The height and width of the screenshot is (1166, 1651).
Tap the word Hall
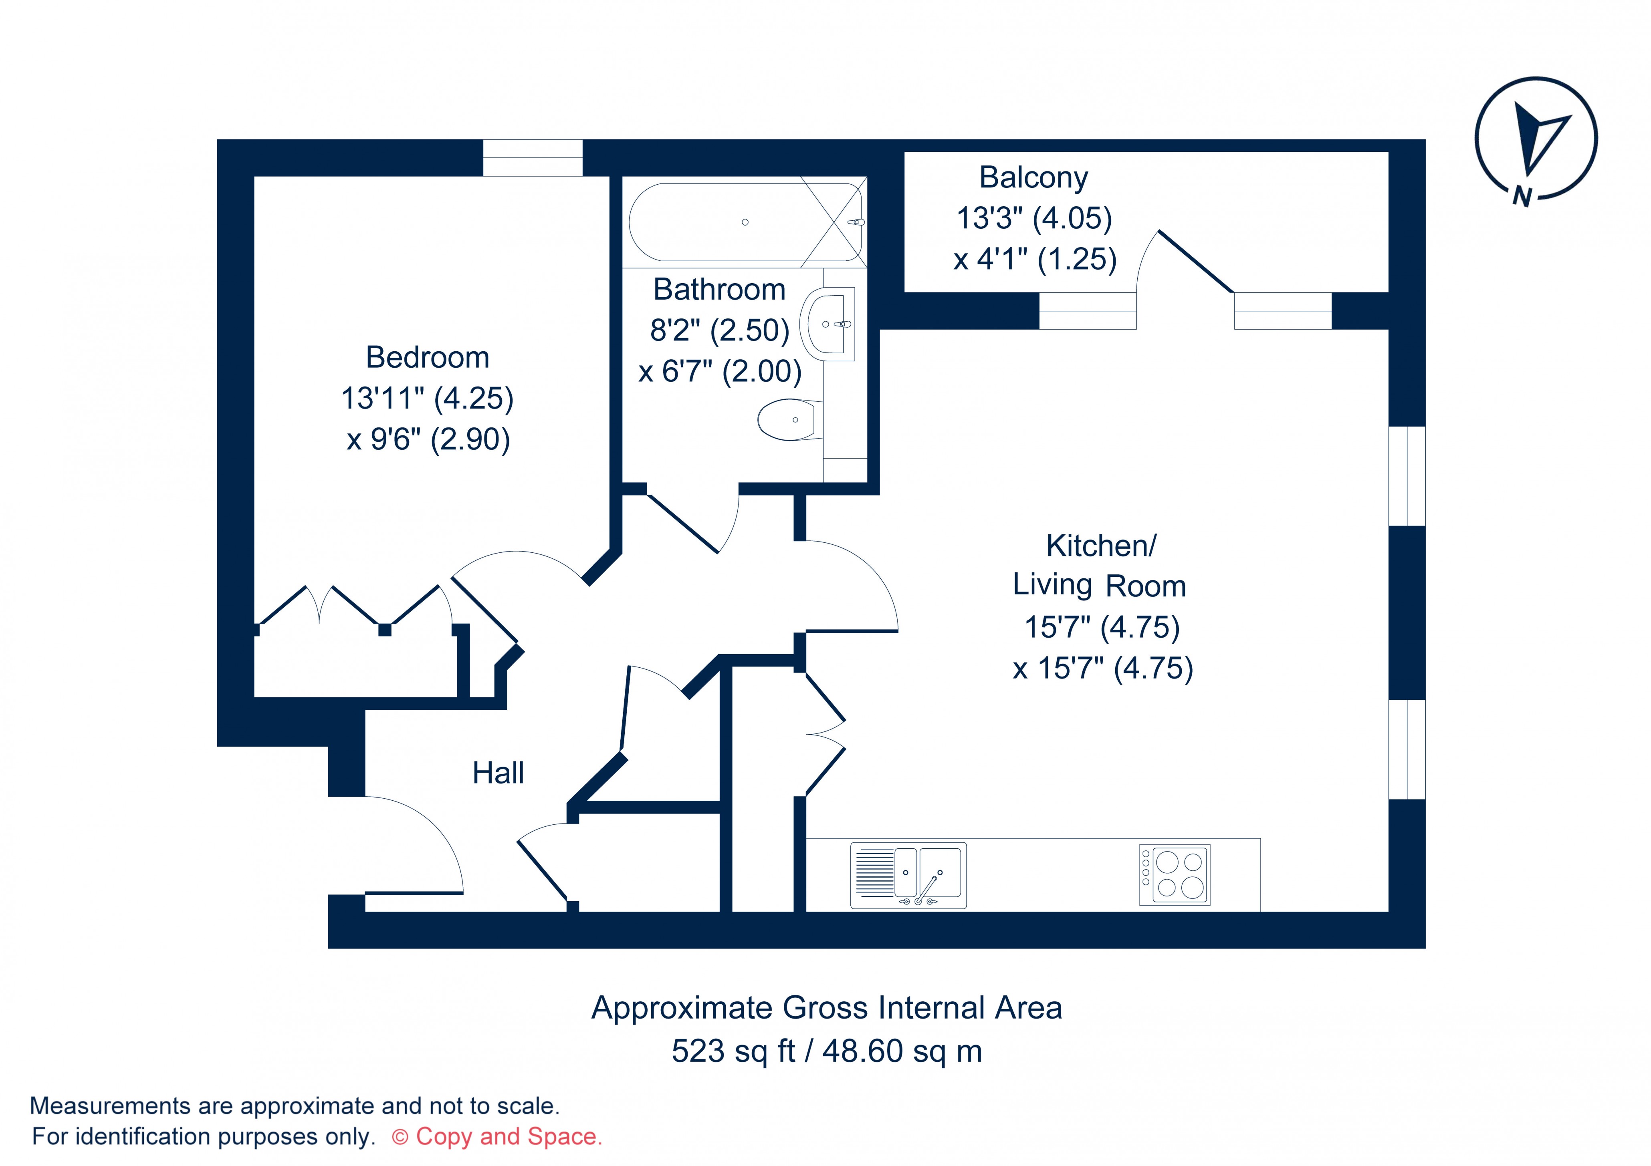click(498, 773)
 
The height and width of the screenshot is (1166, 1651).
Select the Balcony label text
click(1033, 177)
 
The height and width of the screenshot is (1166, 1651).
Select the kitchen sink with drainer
click(908, 875)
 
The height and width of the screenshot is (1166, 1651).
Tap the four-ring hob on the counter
click(1174, 875)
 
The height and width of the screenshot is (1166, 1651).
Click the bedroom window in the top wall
click(532, 157)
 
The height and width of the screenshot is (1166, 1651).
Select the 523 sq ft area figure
click(733, 1051)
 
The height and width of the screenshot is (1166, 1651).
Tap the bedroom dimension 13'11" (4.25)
click(427, 398)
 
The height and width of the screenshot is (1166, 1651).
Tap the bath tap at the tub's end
click(856, 222)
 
